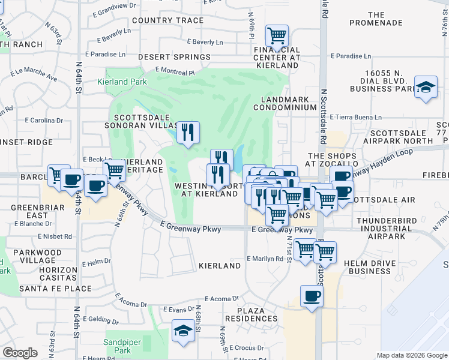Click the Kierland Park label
coord(122,82)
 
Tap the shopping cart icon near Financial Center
coord(277,36)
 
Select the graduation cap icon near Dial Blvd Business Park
coord(426,88)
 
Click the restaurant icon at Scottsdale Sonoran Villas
coord(188,133)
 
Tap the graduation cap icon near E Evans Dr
coord(183,329)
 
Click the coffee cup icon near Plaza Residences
coord(312,296)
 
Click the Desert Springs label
coord(174,57)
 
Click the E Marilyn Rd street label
coord(265,259)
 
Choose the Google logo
coord(20,353)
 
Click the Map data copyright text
coord(411,355)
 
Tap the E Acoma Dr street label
coord(223,299)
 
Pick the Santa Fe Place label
coord(55,289)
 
